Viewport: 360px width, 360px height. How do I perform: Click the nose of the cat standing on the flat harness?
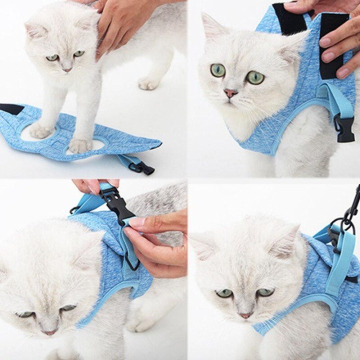point(66,69)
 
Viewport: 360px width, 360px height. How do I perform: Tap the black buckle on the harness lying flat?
point(142,168)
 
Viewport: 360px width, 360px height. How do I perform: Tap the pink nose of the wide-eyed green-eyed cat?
point(230,92)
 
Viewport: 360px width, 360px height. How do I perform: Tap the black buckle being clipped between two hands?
point(118,204)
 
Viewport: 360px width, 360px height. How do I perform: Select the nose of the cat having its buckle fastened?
point(49,332)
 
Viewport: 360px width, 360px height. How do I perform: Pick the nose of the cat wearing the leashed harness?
point(245,315)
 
